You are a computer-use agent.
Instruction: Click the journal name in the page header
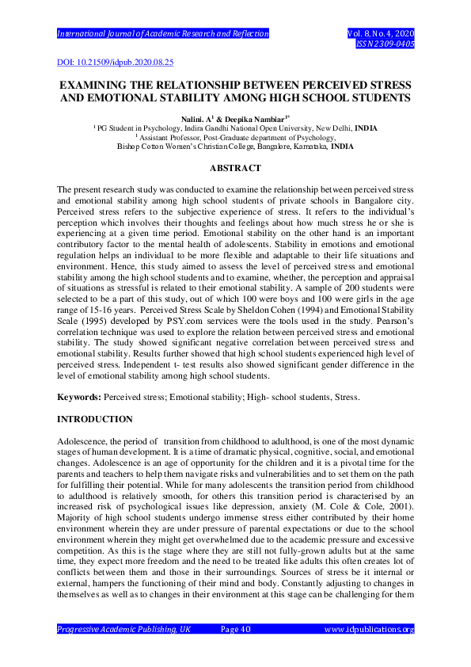[x=163, y=34]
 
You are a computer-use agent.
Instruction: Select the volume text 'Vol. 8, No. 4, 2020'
[x=381, y=34]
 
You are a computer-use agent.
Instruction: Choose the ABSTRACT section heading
[x=235, y=169]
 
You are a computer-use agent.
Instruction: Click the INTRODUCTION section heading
[x=94, y=418]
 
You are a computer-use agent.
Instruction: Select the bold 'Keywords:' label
[x=78, y=395]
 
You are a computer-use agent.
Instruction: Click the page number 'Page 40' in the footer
[x=235, y=630]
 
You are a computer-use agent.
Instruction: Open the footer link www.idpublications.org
[x=369, y=630]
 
